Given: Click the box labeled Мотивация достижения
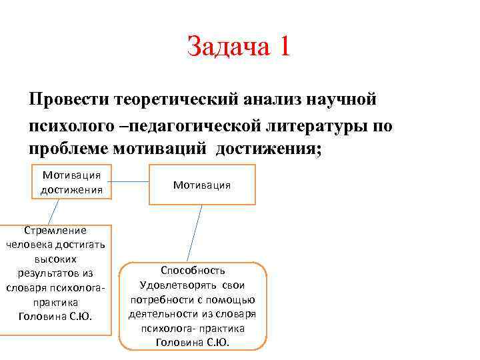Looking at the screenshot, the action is [x=71, y=182].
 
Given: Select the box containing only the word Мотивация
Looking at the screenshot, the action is [x=201, y=185].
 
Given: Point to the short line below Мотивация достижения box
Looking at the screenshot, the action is [x=53, y=212].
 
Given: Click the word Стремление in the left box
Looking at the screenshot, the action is [x=55, y=231].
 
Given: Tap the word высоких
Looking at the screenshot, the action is [x=55, y=259].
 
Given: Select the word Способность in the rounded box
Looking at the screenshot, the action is [x=193, y=271].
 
